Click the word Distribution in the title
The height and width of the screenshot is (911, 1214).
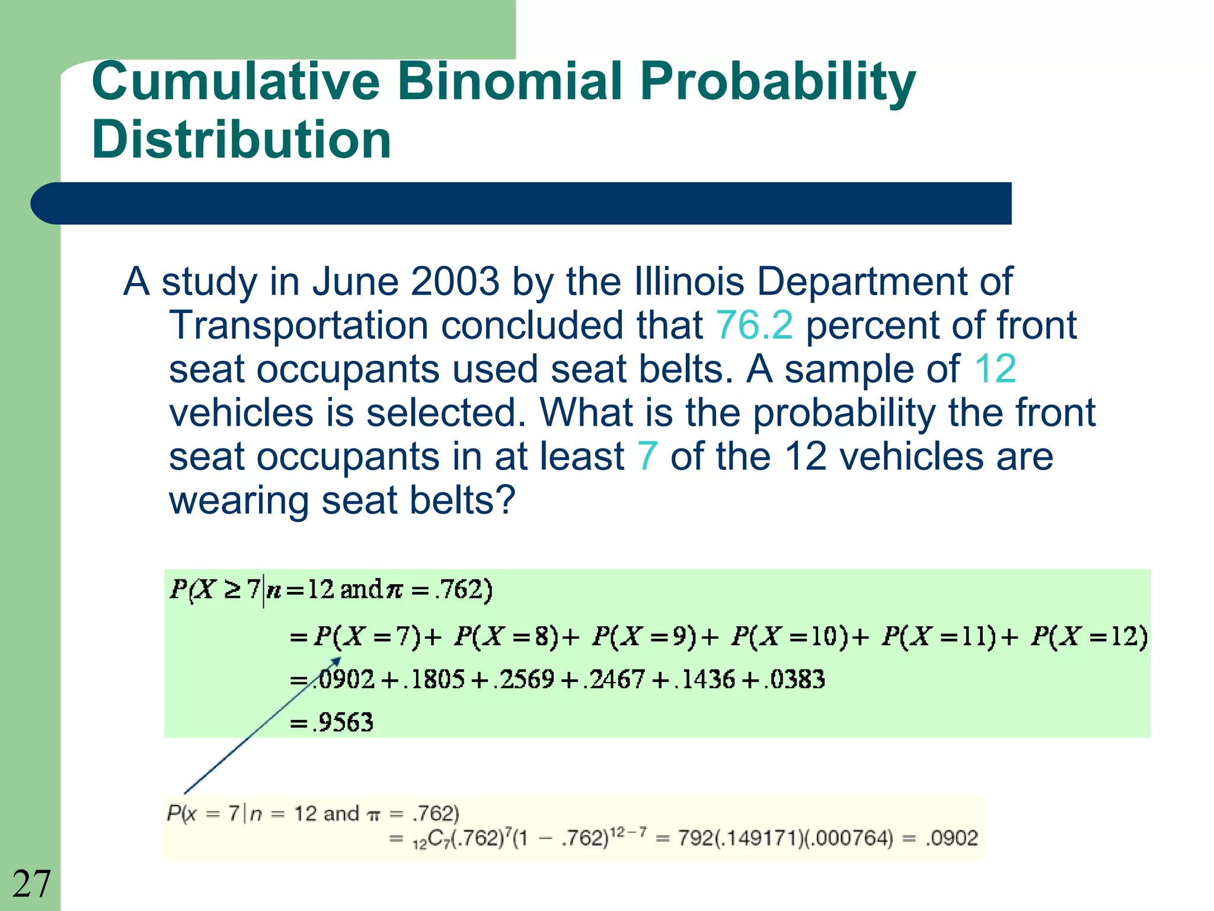(241, 140)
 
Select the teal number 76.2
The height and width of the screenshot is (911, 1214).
(754, 325)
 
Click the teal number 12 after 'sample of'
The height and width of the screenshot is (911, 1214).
(995, 369)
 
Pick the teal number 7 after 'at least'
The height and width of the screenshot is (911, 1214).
(647, 457)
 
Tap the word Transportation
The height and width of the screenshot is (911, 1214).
(298, 325)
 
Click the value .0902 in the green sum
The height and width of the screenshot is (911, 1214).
(346, 680)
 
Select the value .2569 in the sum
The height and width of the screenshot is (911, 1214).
(526, 680)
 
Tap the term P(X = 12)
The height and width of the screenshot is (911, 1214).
(1089, 636)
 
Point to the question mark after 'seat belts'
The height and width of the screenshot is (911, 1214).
(504, 501)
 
